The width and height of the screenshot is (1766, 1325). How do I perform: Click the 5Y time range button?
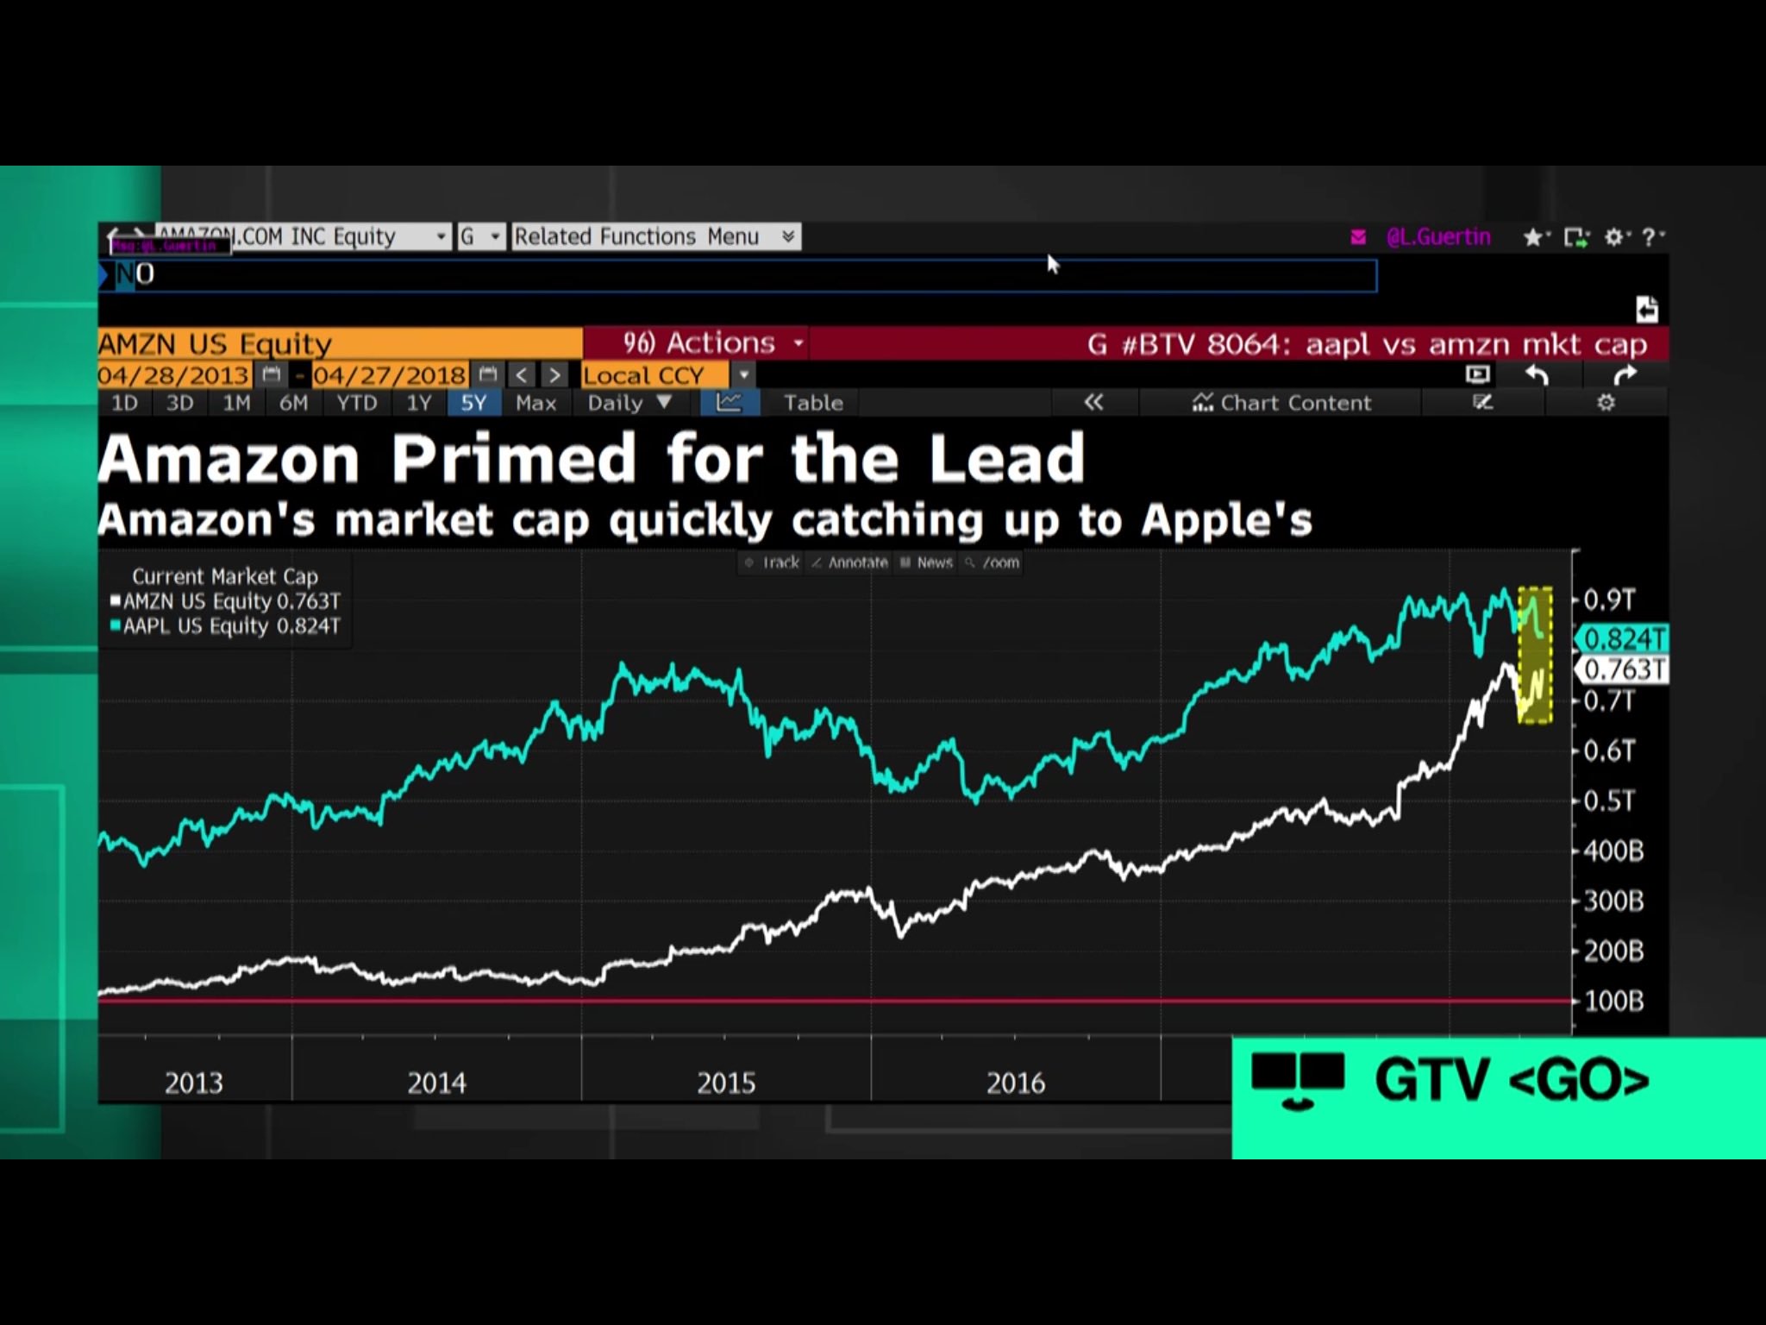pyautogui.click(x=473, y=403)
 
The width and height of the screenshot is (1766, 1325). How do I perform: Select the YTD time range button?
pyautogui.click(x=356, y=403)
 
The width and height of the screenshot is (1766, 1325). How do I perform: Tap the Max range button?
pyautogui.click(x=535, y=403)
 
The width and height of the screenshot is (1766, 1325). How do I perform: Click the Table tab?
pyautogui.click(x=812, y=403)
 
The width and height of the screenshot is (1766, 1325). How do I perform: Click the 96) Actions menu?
pyautogui.click(x=699, y=343)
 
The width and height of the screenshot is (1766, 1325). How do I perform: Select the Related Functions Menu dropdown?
pyautogui.click(x=654, y=236)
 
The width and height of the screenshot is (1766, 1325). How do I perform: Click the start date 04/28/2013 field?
pyautogui.click(x=173, y=376)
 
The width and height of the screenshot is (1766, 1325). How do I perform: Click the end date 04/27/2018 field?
pyautogui.click(x=390, y=376)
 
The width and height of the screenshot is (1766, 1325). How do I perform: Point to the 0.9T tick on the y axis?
pyautogui.click(x=1609, y=600)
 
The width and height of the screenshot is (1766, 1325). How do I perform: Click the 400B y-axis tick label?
pyautogui.click(x=1613, y=851)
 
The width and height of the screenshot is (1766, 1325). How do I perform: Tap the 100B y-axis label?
pyautogui.click(x=1613, y=1002)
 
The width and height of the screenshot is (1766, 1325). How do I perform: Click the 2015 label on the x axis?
pyautogui.click(x=726, y=1083)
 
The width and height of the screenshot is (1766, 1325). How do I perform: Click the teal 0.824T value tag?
pyautogui.click(x=1623, y=639)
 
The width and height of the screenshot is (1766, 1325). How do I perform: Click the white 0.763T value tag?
pyautogui.click(x=1623, y=669)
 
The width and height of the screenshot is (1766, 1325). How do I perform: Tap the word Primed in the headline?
pyautogui.click(x=514, y=459)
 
